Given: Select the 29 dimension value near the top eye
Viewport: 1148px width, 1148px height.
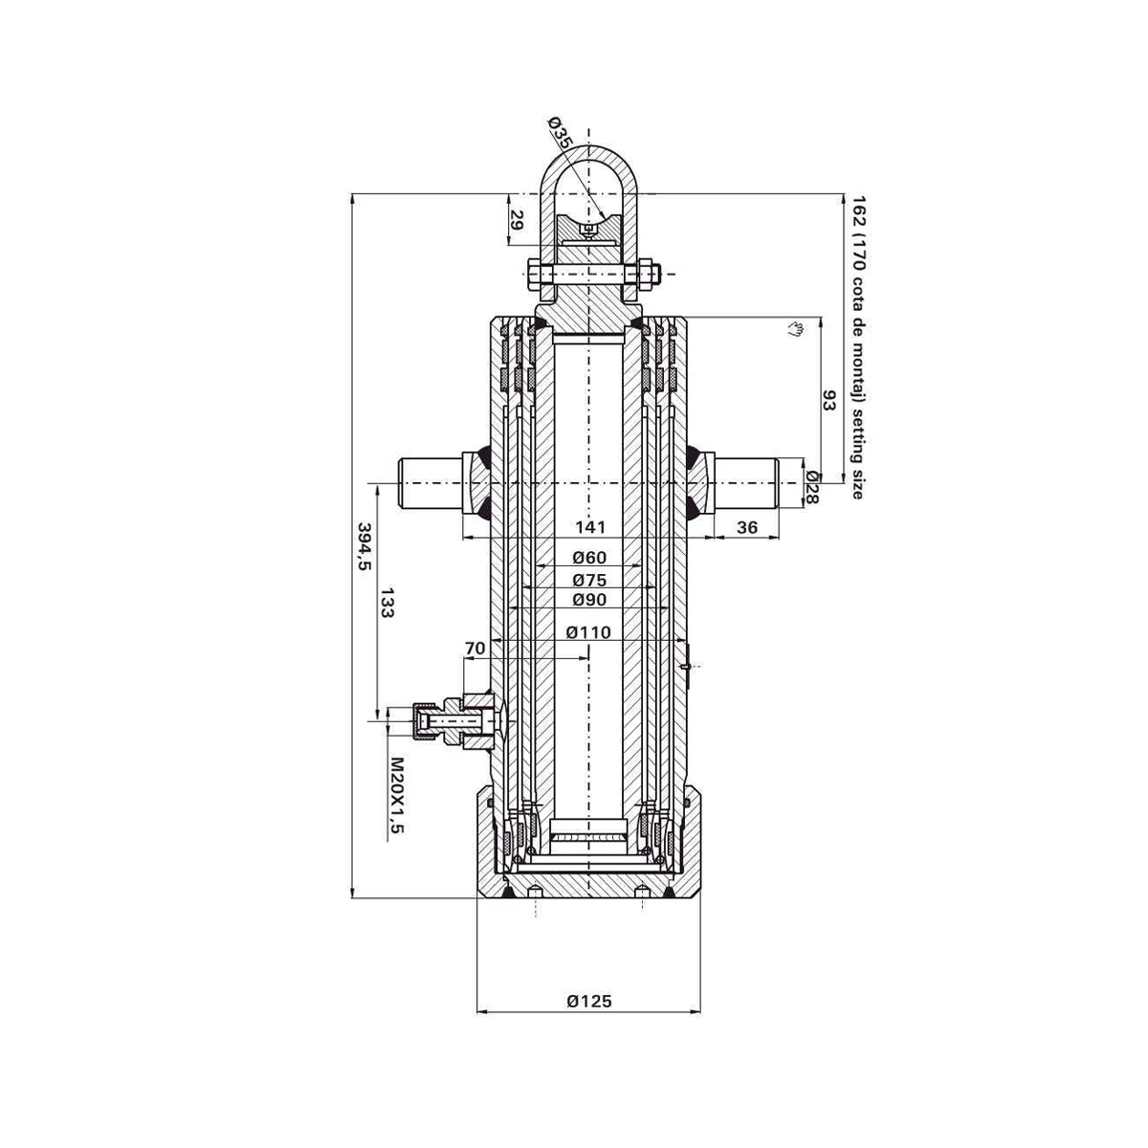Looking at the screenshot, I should point(517,219).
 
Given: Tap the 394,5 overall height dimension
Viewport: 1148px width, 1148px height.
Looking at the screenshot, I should point(364,545).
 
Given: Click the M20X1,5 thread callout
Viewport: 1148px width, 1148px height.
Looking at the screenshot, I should point(396,795).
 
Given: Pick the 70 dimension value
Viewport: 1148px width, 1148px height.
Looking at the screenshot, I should point(475,648).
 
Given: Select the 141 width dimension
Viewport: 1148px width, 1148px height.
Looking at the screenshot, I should point(588,527).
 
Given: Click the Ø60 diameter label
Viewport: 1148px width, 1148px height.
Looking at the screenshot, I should point(589,558).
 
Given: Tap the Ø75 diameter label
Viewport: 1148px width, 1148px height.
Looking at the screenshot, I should point(589,579).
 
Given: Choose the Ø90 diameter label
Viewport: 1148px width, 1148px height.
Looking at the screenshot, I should point(589,600).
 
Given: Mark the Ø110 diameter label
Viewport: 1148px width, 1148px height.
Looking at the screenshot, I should point(588,631).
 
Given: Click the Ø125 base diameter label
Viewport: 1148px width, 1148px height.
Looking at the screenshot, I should point(588,1001).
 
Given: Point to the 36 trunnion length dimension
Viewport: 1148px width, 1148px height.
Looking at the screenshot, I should point(747,527).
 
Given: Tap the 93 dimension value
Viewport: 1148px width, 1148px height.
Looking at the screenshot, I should point(829,400).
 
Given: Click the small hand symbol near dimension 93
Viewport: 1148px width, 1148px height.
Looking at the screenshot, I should point(794,330).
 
